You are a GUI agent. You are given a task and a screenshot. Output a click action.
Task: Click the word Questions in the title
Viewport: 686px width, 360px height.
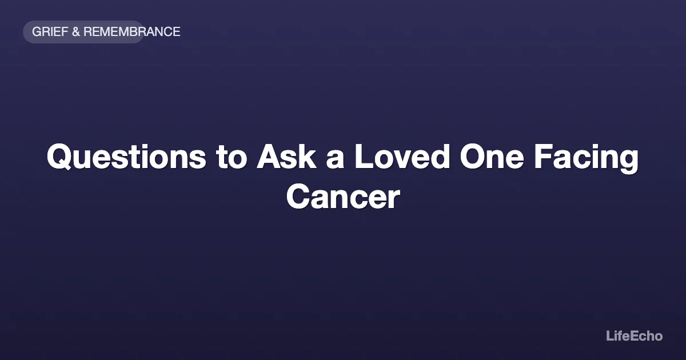(126, 157)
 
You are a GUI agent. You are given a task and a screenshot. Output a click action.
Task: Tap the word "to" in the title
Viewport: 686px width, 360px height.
(231, 157)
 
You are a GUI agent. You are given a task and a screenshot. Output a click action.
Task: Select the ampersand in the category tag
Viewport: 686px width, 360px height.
(76, 32)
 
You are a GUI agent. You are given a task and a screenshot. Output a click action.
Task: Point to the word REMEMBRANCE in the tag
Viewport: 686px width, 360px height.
(132, 32)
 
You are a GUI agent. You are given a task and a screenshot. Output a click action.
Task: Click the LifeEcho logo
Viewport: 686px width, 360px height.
(634, 336)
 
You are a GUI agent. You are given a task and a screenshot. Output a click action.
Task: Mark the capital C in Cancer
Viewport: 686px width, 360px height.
(298, 196)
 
